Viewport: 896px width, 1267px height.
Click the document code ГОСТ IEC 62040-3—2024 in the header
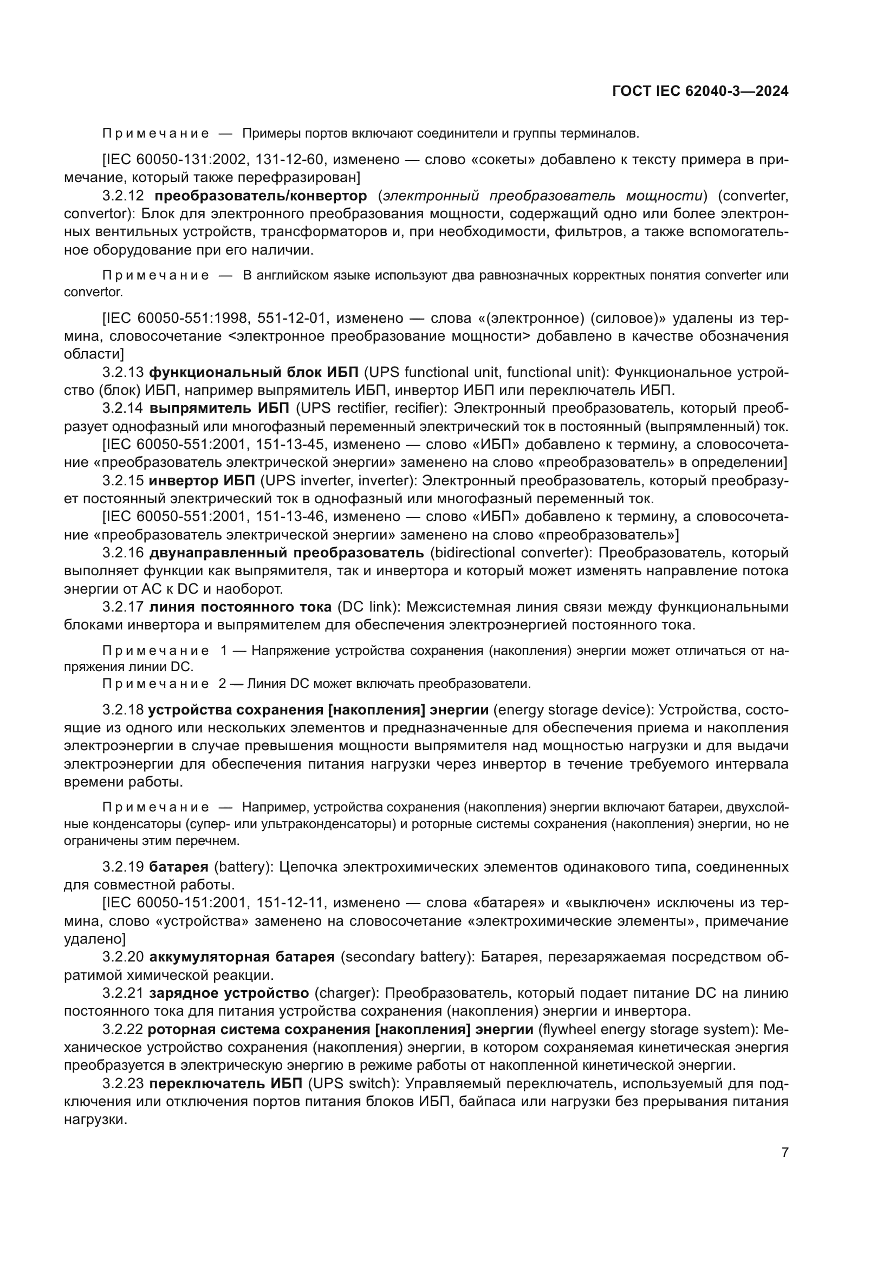click(700, 92)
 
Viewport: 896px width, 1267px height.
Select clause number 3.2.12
click(123, 196)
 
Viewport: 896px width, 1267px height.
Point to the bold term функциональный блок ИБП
click(253, 373)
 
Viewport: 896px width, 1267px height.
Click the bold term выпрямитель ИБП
click(219, 408)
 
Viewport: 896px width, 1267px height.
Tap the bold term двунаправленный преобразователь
click(287, 553)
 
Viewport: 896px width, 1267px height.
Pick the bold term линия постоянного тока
click(241, 607)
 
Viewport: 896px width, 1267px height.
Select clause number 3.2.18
click(122, 710)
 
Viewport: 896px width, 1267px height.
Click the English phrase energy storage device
click(574, 710)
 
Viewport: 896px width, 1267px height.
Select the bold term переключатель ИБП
click(226, 1084)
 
